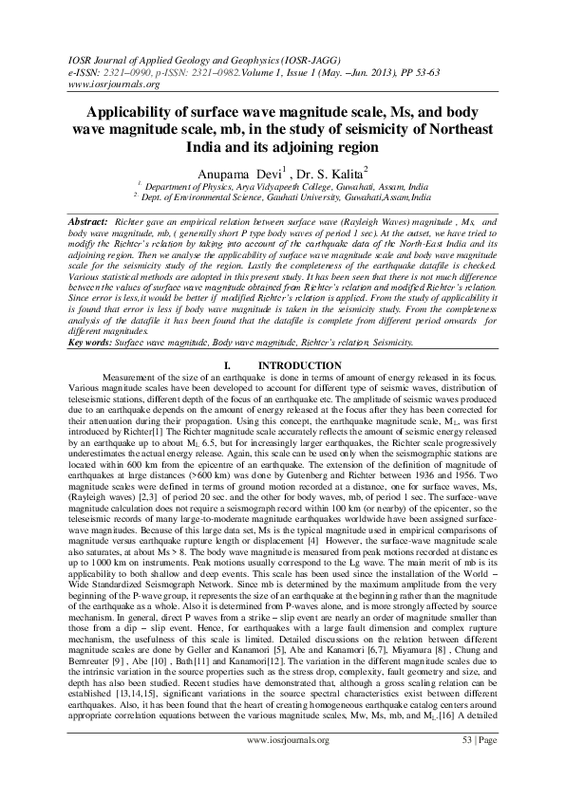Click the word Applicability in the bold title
point(139,111)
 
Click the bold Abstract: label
point(88,221)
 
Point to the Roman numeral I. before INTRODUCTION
point(225,365)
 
